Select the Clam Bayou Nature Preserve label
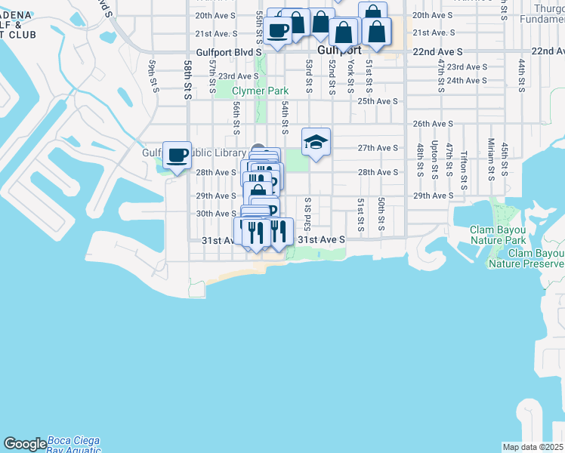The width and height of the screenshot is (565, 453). [526, 259]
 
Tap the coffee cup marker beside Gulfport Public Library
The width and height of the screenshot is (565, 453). [178, 156]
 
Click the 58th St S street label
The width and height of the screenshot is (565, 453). [187, 81]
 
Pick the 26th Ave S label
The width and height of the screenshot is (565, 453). [432, 124]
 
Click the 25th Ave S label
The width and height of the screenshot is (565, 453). [378, 101]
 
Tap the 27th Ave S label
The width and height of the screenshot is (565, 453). [378, 149]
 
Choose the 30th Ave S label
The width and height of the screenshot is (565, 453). [216, 214]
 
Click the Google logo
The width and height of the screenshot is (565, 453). [25, 443]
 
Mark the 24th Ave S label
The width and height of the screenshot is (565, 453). [465, 80]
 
